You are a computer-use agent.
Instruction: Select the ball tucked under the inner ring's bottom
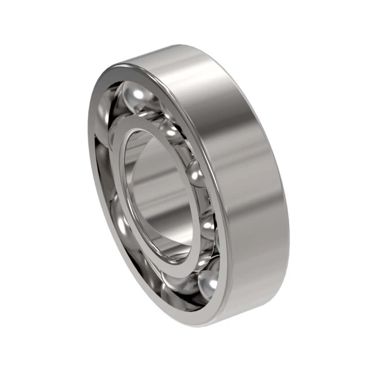coord(177,282)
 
